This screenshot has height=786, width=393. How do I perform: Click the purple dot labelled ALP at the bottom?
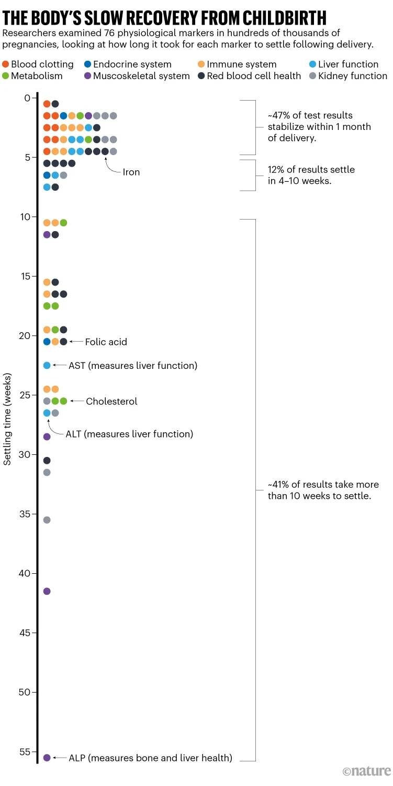coord(47,758)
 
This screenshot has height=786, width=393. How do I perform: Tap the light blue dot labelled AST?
coord(47,365)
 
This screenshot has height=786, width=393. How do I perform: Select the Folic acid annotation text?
coord(106,342)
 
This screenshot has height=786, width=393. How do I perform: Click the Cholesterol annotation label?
coord(111,401)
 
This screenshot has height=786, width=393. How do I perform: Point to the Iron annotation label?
coord(131,172)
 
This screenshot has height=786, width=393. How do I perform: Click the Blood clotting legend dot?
coord(5,64)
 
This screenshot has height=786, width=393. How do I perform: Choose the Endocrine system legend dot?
coord(87,64)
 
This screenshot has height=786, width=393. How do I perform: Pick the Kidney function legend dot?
coord(312,76)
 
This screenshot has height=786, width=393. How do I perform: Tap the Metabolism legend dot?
coord(5,76)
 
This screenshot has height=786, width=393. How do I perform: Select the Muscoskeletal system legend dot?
coord(87,76)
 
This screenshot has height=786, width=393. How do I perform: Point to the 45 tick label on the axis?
coord(25,633)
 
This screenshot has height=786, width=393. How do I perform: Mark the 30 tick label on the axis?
coord(25,454)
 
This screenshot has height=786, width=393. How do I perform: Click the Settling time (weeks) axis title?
coord(8,419)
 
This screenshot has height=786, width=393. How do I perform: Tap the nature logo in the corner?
coord(367,771)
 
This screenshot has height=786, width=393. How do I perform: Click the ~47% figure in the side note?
coord(279,115)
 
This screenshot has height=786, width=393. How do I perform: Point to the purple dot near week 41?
coord(47,591)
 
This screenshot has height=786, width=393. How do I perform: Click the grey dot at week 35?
coord(47,520)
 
